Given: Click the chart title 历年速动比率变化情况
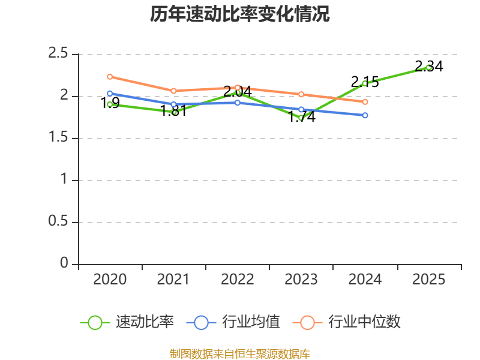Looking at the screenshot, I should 240,14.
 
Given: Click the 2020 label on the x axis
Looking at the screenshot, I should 110,280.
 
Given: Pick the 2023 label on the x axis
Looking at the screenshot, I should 301,280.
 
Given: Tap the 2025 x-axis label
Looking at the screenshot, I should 429,280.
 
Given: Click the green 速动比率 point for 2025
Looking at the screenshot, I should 429,67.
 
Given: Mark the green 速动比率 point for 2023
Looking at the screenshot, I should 301,118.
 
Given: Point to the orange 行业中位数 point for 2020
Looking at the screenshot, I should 110,77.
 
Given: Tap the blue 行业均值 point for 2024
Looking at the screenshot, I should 365,115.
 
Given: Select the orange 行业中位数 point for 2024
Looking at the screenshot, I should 365,102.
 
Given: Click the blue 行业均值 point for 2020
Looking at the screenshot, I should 110,94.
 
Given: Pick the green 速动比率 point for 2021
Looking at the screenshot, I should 174,112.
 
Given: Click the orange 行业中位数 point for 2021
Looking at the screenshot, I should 174,91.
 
